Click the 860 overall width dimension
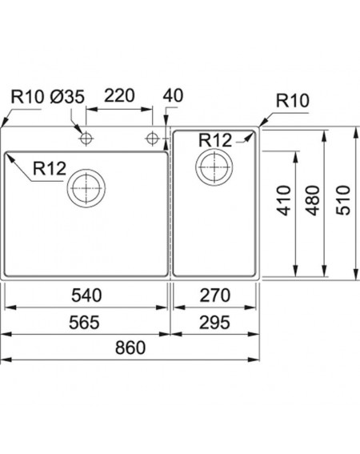[x=130, y=348]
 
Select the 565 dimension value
[x=84, y=323]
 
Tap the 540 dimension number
[x=86, y=295]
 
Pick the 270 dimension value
[x=215, y=295]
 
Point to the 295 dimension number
[x=214, y=323]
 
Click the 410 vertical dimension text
[x=284, y=201]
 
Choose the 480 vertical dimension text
[x=314, y=201]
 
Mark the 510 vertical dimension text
[x=343, y=201]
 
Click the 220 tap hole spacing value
[x=119, y=95]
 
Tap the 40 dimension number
[x=173, y=95]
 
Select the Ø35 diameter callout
[x=67, y=97]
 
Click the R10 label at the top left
[x=27, y=97]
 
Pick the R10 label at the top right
[x=293, y=101]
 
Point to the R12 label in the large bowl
[x=50, y=168]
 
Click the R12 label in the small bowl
[x=215, y=140]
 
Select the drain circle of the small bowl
[x=196, y=167]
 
